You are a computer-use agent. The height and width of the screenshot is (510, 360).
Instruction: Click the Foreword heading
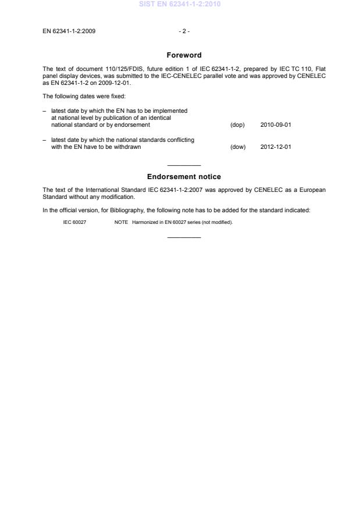point(184,55)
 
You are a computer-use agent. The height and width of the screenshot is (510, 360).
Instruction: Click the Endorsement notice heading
point(184,177)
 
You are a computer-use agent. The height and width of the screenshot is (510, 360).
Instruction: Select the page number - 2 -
point(184,31)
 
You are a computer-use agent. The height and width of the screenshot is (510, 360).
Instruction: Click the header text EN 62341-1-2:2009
point(69,31)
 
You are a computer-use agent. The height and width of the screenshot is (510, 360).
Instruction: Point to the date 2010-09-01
point(276,125)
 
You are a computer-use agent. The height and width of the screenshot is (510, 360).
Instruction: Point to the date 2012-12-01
point(276,147)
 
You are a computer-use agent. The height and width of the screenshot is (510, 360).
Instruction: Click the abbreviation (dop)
point(237,125)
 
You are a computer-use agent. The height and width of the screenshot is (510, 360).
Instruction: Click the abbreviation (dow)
point(238,147)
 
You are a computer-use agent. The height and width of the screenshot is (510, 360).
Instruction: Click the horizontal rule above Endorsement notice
point(184,165)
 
